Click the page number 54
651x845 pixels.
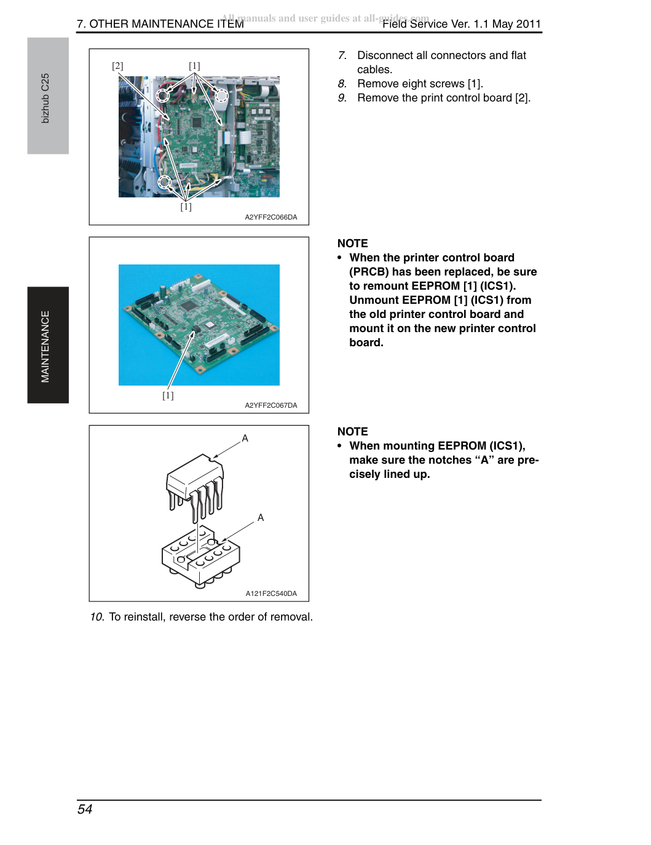(x=85, y=809)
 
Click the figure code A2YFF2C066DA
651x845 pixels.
(x=271, y=217)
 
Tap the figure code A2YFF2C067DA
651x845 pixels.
(x=271, y=405)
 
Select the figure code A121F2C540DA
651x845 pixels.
(x=271, y=593)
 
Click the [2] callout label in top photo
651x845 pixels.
(x=117, y=66)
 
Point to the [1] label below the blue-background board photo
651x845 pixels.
(x=168, y=395)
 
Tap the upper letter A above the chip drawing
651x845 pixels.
(x=245, y=438)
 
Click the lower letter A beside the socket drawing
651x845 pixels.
(x=261, y=518)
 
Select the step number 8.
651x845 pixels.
(x=342, y=84)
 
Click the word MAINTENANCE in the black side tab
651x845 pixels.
(x=45, y=346)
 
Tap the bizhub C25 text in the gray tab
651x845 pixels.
(x=45, y=98)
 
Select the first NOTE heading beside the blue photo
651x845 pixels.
(x=352, y=244)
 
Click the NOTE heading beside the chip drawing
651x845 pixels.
(x=352, y=432)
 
